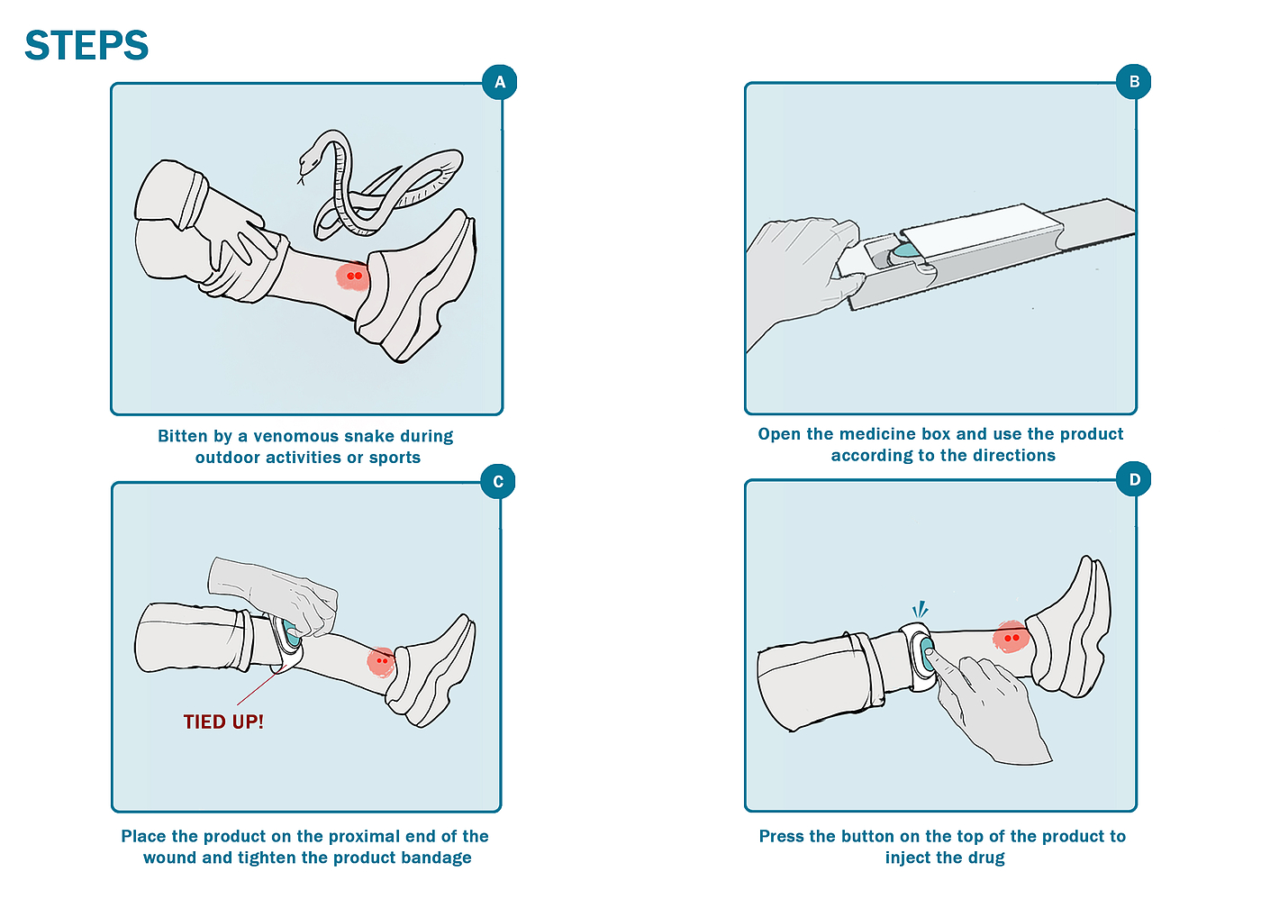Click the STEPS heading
[x=86, y=46]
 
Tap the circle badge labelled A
[x=500, y=83]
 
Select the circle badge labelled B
[x=1134, y=82]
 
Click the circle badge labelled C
[x=498, y=482]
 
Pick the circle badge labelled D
[x=1134, y=479]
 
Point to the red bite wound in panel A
[x=354, y=276]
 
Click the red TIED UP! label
[x=223, y=722]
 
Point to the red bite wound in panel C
[x=382, y=660]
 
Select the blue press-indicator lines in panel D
[x=920, y=610]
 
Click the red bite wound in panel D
[x=1012, y=638]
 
